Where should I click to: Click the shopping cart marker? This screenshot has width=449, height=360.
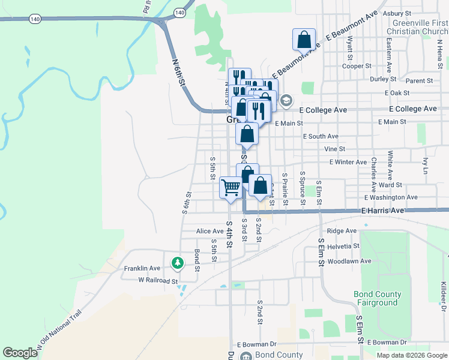click(231, 188)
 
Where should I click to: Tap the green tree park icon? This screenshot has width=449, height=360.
click(178, 262)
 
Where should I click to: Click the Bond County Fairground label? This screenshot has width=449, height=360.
click(376, 298)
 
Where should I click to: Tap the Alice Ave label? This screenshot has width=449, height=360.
click(209, 231)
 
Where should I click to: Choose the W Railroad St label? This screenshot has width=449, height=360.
click(158, 280)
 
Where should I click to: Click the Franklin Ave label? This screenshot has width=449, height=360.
click(142, 268)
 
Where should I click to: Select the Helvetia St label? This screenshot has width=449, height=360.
click(343, 245)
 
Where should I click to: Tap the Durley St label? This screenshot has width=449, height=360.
click(379, 79)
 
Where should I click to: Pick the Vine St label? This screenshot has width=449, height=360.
click(334, 149)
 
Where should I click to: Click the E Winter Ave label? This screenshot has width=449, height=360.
click(348, 162)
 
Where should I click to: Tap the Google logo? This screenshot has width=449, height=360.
click(20, 353)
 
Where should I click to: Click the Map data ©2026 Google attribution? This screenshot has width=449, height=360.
click(411, 355)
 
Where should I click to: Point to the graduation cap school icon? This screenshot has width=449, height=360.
click(286, 100)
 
